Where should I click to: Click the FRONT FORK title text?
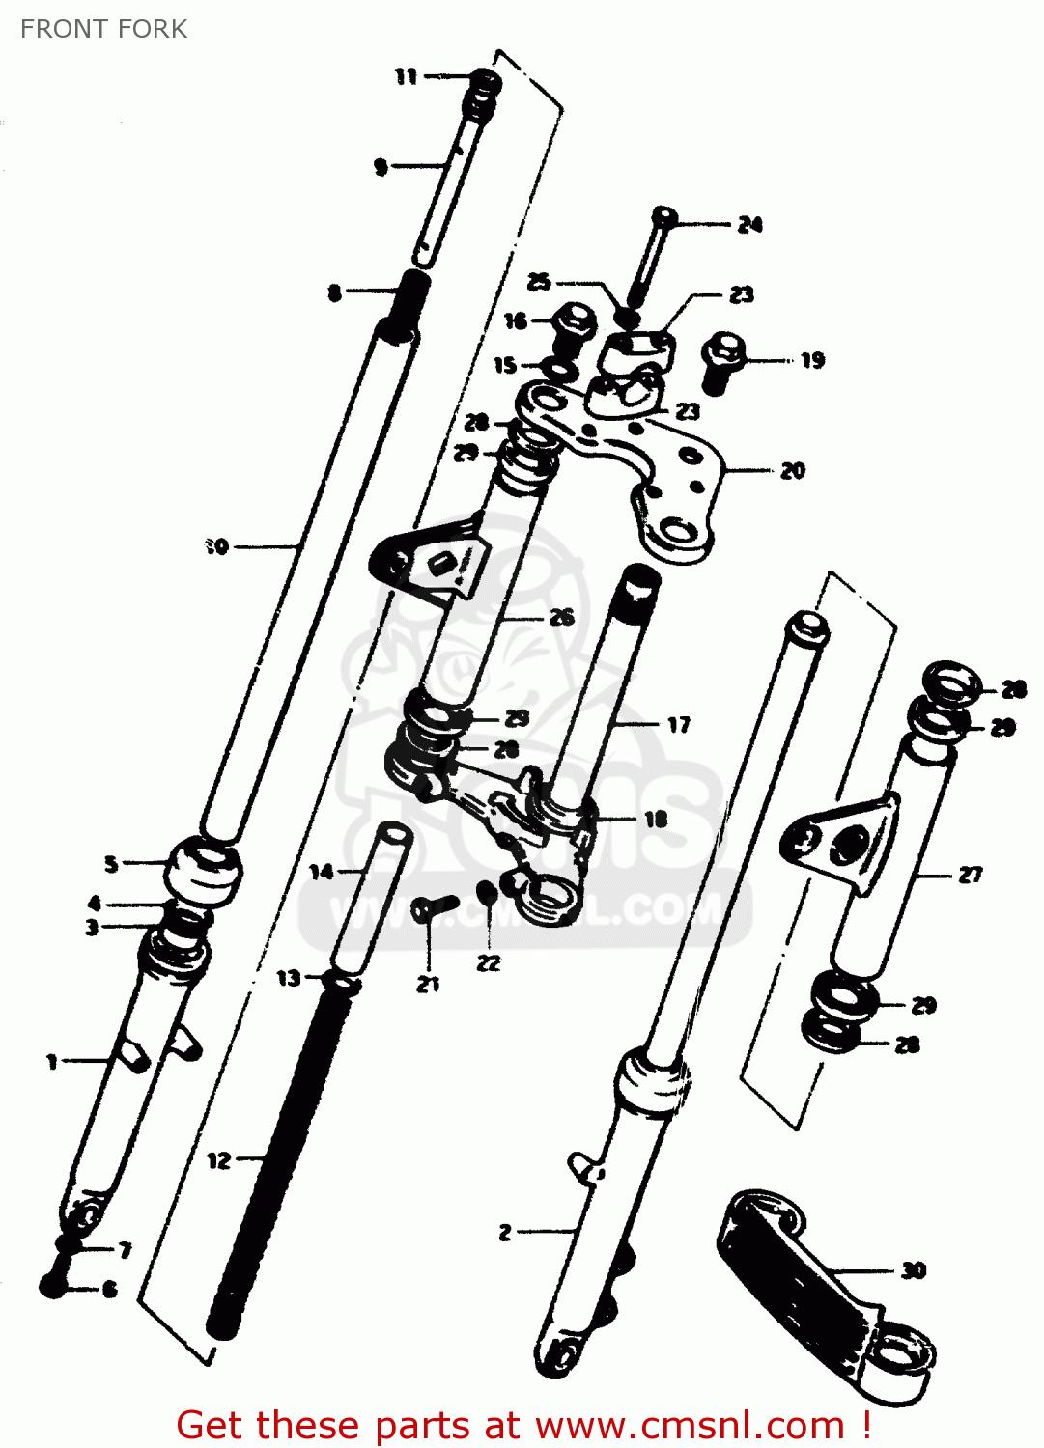[103, 29]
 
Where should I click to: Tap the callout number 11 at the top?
[407, 76]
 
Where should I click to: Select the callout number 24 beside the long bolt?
[749, 225]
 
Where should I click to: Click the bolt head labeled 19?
[720, 349]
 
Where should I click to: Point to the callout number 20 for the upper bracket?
[792, 471]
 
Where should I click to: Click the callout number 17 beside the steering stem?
[679, 724]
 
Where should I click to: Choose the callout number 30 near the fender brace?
[913, 1270]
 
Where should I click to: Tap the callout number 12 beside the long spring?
[219, 1159]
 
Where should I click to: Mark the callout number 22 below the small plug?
[489, 962]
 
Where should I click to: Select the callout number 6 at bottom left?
[109, 1289]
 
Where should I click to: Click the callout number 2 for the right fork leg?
[505, 1232]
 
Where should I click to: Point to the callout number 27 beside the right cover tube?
[970, 875]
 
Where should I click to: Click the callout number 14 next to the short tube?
[321, 872]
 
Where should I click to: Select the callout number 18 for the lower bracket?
[656, 820]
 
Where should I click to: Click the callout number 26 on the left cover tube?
[561, 617]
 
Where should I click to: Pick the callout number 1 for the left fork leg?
[52, 1062]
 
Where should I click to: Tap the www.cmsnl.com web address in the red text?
[690, 1426]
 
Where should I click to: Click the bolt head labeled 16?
[574, 320]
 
